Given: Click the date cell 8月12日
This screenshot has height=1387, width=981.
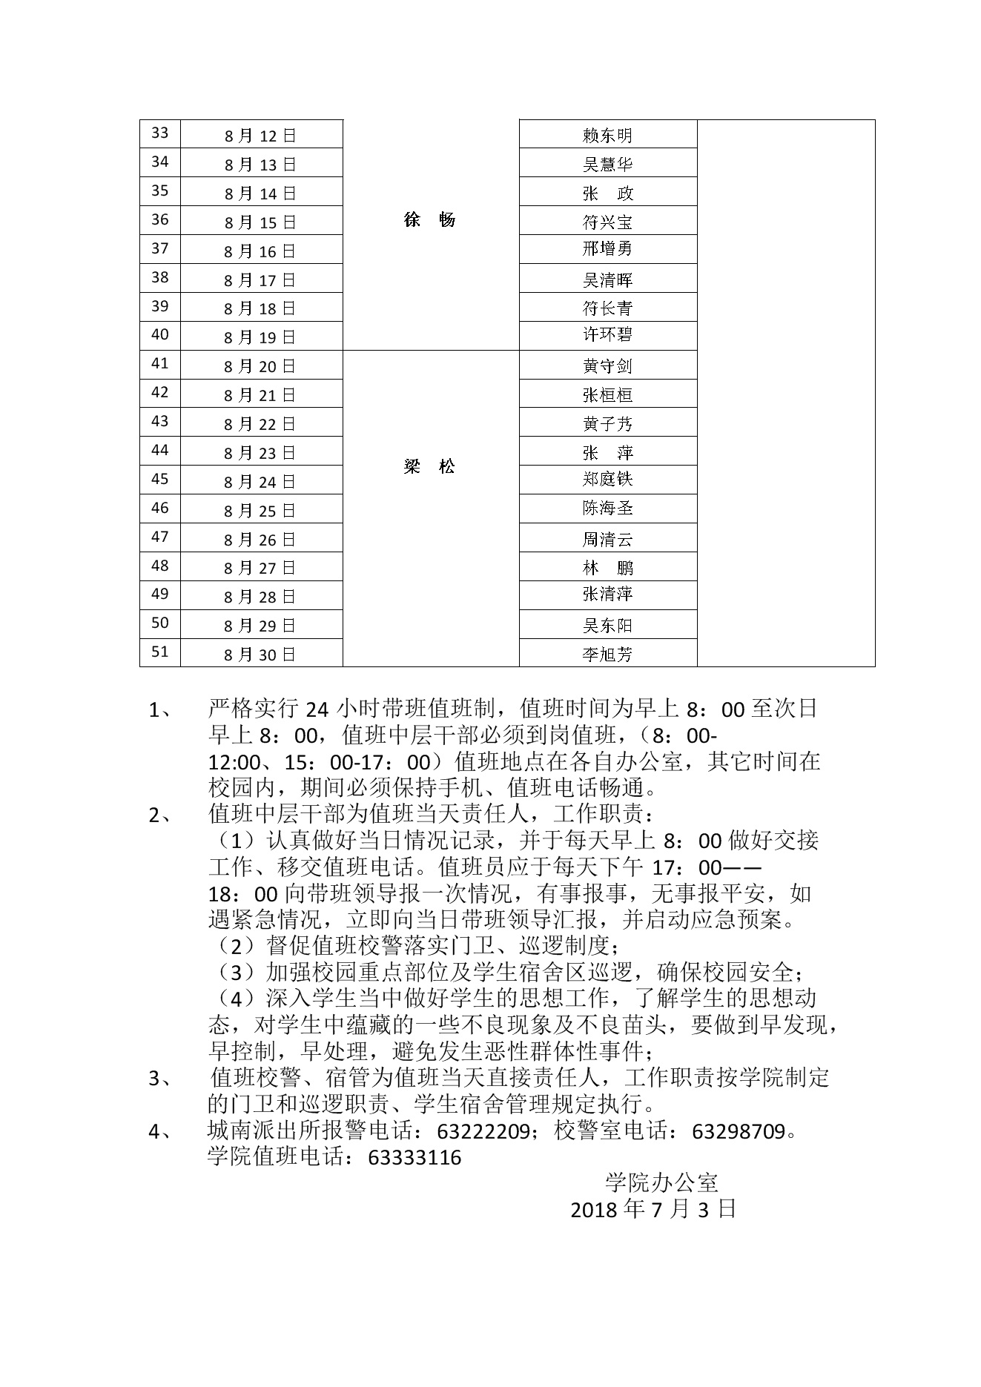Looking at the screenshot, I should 260,136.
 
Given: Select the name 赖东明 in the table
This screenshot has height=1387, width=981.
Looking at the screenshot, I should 607,136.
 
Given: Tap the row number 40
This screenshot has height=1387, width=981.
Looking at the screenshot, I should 160,335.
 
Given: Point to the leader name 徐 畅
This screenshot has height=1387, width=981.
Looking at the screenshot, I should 429,220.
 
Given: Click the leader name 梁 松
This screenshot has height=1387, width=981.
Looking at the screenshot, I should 429,467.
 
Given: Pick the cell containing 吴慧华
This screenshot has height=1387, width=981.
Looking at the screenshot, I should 607,165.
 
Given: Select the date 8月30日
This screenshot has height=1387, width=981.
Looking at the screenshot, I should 260,655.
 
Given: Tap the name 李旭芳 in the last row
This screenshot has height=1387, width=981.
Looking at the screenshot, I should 607,655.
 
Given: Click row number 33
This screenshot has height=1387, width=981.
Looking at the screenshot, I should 160,133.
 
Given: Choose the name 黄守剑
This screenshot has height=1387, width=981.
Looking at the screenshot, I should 607,366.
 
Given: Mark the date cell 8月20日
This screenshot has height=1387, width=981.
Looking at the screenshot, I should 260,366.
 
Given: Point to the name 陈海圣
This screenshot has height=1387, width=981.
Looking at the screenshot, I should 607,509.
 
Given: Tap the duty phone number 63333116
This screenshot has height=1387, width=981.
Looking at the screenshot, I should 414,1158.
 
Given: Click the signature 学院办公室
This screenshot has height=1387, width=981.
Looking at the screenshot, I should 661,1183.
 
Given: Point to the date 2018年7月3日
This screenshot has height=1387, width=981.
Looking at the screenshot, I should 653,1210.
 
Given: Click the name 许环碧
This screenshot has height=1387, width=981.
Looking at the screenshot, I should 607,335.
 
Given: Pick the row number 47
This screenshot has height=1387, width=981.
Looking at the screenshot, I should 160,537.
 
